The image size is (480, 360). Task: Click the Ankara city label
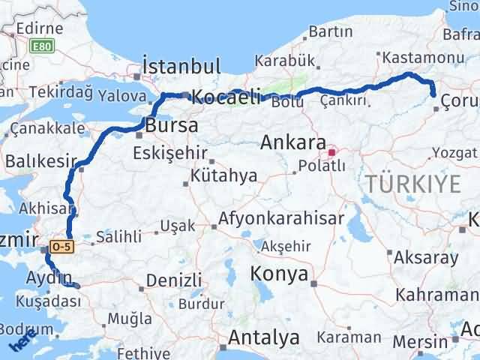point(292,142)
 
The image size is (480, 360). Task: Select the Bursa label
point(172,124)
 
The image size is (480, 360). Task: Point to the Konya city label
point(280,274)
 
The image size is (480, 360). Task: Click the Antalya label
point(259,338)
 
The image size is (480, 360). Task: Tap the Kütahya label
point(224,175)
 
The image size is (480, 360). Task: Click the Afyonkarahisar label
point(281,219)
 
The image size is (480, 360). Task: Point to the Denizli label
point(174,280)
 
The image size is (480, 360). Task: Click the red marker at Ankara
point(331,152)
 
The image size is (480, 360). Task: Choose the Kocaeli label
point(226,96)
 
